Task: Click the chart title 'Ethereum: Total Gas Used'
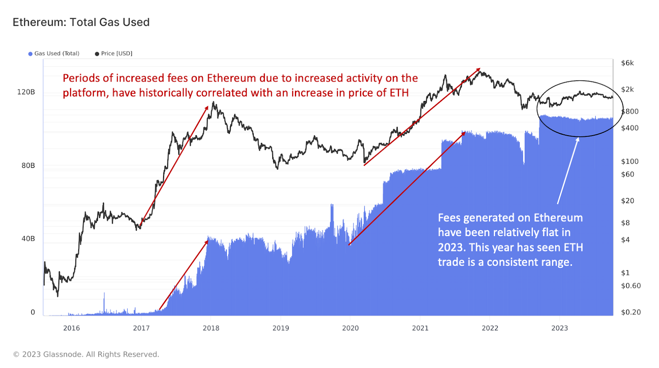tap(81, 22)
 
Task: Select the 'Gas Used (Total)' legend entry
tap(54, 54)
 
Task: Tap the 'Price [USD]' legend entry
tap(114, 54)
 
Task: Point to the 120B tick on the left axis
tap(26, 92)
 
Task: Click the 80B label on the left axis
tap(28, 166)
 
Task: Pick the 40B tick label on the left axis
tap(28, 239)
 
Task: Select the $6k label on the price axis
tap(627, 63)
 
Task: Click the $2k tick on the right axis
tap(627, 89)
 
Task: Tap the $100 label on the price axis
tap(630, 162)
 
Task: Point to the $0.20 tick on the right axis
tap(631, 312)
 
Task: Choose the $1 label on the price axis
tap(625, 273)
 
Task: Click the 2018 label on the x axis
tap(211, 328)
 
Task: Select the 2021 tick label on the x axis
tap(420, 328)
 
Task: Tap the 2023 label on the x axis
tap(559, 328)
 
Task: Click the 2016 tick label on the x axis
tap(71, 328)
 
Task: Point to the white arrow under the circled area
tap(568, 171)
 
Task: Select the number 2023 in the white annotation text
tap(451, 248)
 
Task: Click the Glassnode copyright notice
tap(86, 354)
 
